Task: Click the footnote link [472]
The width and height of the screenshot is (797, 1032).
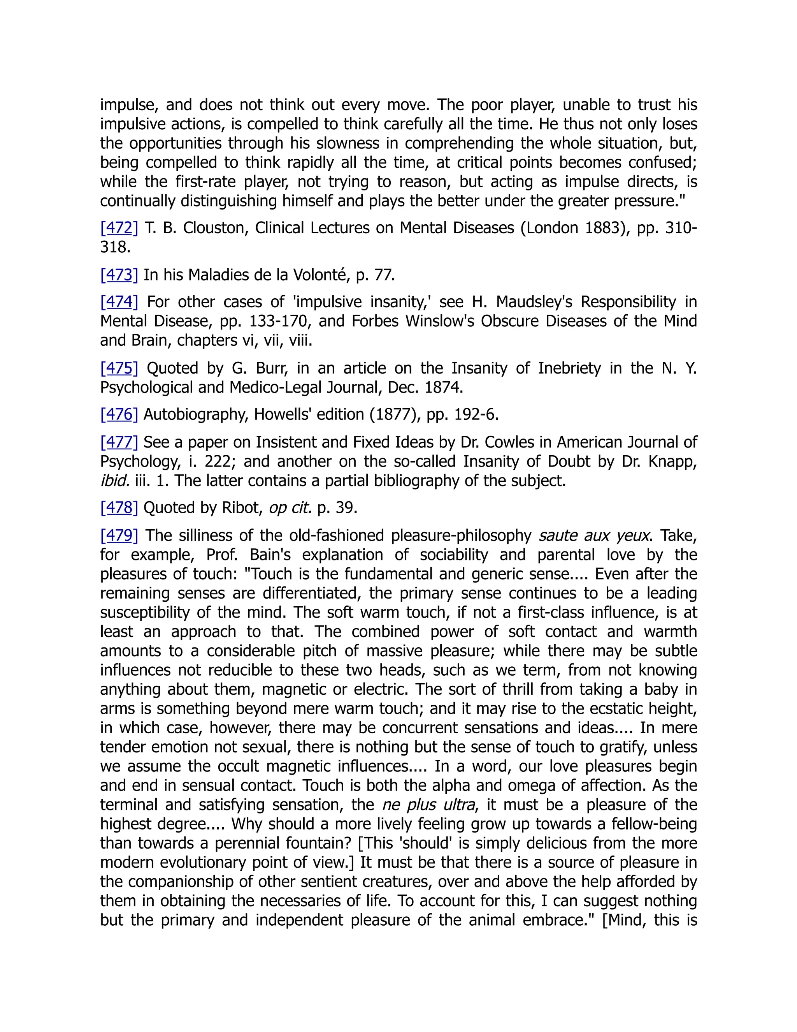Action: click(119, 228)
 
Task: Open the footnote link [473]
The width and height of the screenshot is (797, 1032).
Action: click(119, 275)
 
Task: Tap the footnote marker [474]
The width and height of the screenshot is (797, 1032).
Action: click(119, 301)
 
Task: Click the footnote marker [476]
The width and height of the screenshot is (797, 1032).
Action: click(119, 414)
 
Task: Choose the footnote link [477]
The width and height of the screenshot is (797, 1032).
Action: click(119, 442)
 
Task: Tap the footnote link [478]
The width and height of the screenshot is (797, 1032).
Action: click(119, 507)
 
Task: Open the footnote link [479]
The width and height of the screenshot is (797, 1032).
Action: click(119, 535)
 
